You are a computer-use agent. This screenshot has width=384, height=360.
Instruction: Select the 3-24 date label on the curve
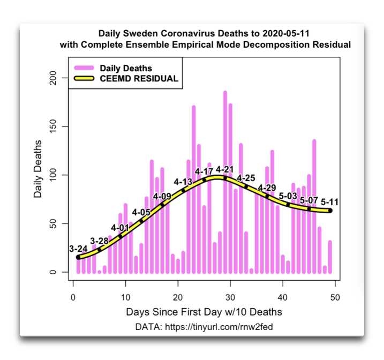pos(78,249)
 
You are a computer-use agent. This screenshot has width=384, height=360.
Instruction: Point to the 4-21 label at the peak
pos(225,170)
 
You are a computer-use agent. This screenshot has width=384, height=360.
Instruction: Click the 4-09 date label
pos(162,197)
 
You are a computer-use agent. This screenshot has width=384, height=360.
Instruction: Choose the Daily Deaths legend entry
pos(126,68)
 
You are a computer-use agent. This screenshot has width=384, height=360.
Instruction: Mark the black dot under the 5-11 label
pos(330,211)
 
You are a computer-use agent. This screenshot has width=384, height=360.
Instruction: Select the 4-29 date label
pos(267,187)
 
